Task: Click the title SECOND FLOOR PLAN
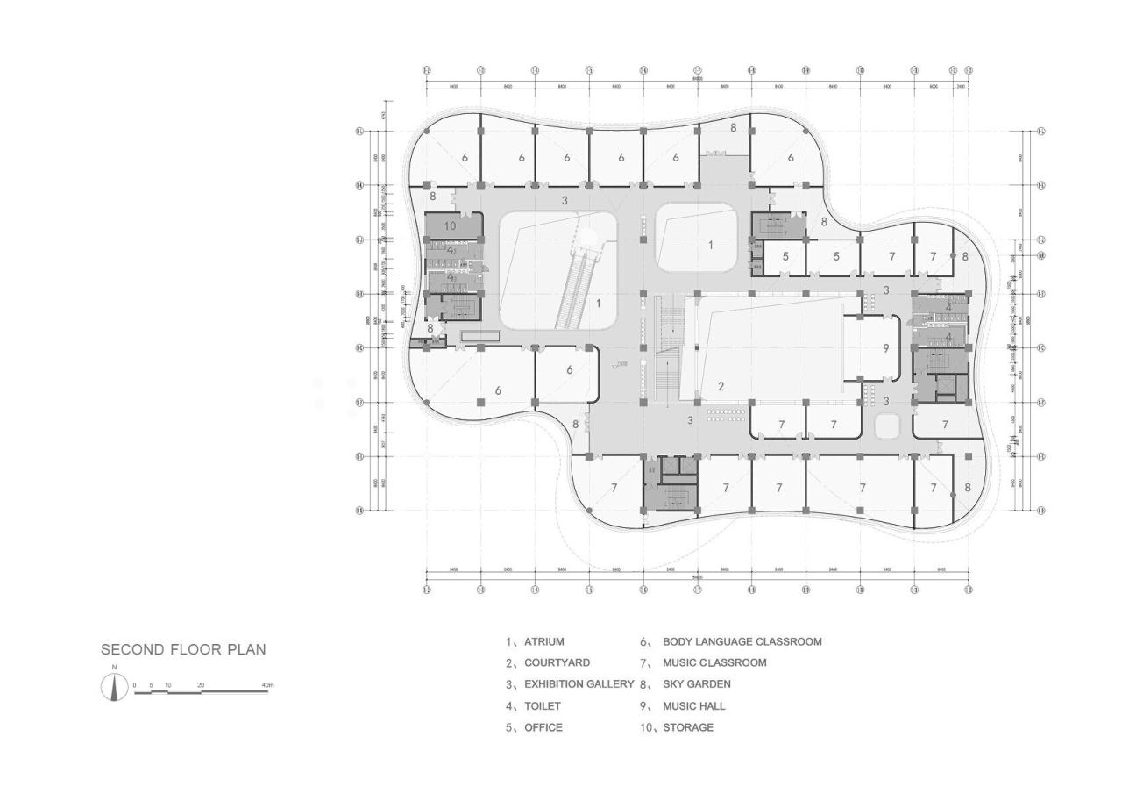[183, 650]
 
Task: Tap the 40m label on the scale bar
[267, 684]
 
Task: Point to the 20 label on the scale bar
[201, 684]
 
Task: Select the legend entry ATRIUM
[543, 642]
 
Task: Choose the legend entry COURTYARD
[557, 663]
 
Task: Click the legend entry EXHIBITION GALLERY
[579, 684]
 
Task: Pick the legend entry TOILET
[542, 705]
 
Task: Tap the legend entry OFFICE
[543, 727]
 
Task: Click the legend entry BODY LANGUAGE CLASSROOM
[742, 642]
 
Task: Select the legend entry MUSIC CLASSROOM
[714, 663]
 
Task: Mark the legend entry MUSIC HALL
[693, 705]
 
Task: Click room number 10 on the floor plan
[451, 225]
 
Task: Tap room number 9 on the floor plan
[885, 348]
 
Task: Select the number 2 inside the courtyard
[721, 386]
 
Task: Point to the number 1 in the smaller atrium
[711, 246]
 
